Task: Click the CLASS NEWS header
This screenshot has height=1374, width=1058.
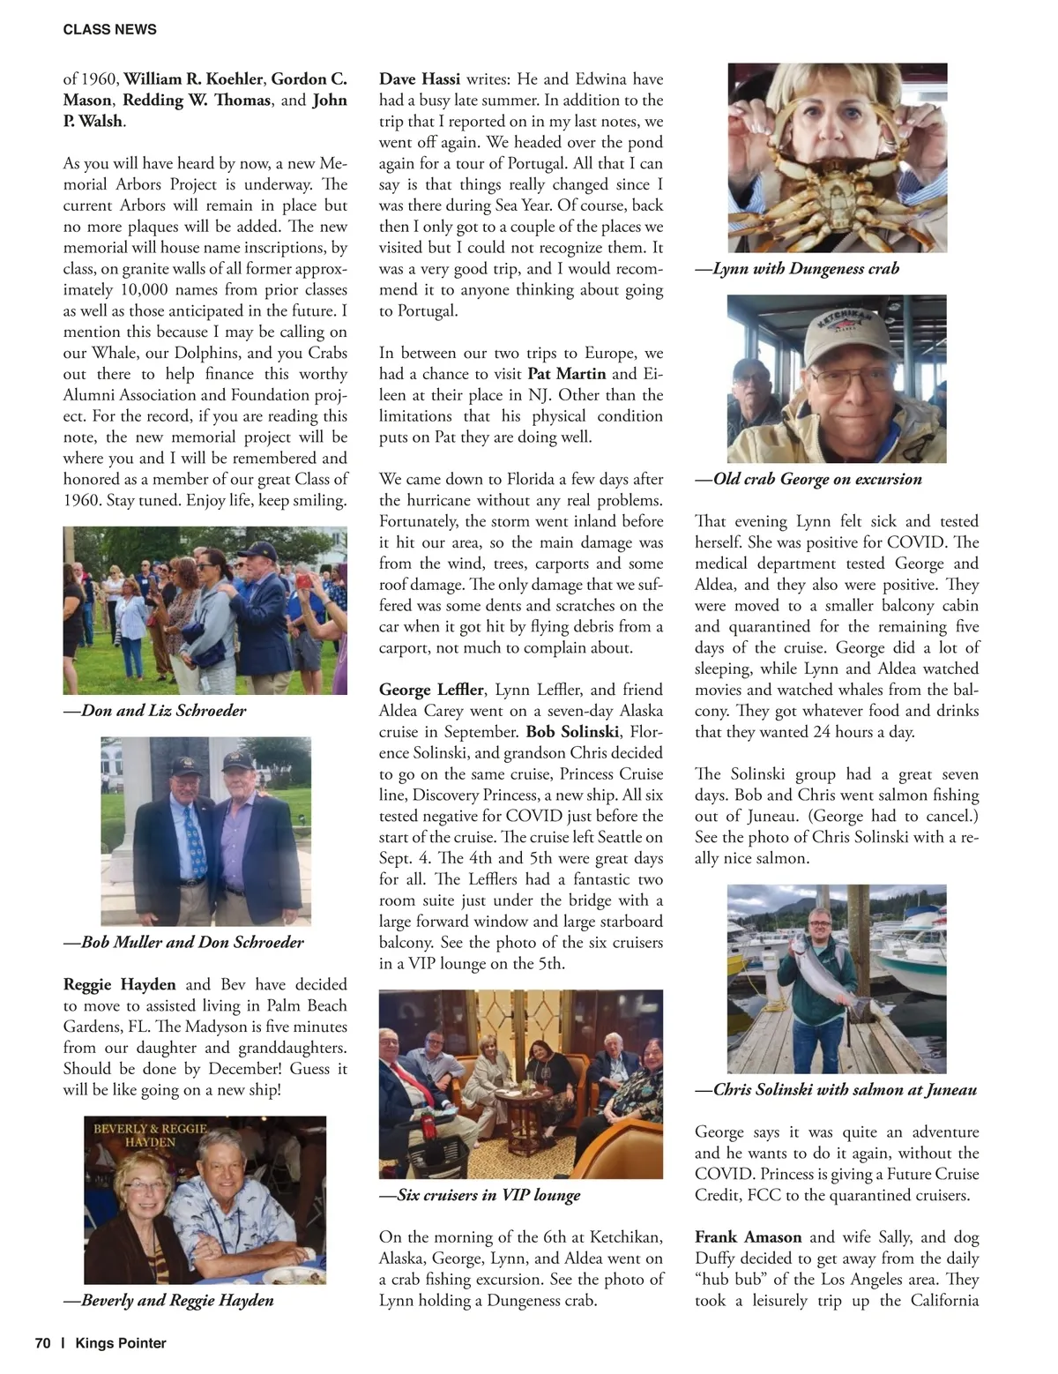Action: (x=109, y=29)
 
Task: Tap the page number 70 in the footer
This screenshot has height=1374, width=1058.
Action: (x=42, y=1343)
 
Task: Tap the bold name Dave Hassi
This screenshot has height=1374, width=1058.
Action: (x=420, y=79)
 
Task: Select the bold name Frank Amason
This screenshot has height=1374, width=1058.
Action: (x=749, y=1237)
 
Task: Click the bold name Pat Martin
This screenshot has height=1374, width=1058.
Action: (x=566, y=374)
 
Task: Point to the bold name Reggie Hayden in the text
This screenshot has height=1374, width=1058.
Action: (x=119, y=984)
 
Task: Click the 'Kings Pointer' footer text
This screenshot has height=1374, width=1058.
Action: (x=120, y=1343)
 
